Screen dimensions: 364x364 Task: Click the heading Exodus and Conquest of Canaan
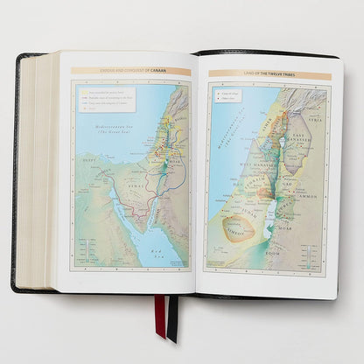coord(130,72)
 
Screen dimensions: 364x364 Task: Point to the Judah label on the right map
coord(248,210)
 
